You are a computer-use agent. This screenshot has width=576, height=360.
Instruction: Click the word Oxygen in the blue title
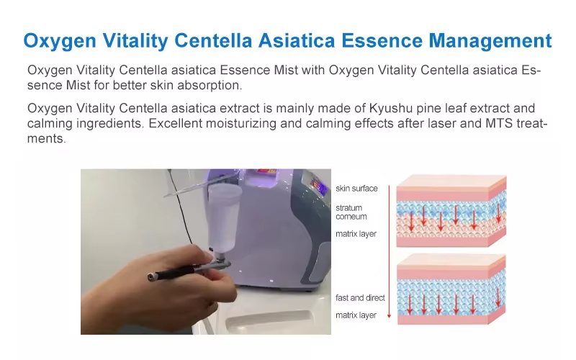60,41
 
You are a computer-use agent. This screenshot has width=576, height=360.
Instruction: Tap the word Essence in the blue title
382,40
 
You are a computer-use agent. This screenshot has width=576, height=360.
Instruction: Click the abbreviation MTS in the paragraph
499,123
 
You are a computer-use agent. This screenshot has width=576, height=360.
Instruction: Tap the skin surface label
356,189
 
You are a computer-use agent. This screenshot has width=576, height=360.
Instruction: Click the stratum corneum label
351,212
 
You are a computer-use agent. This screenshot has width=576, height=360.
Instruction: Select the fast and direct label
360,297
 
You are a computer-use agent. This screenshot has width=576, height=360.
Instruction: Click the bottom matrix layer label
356,315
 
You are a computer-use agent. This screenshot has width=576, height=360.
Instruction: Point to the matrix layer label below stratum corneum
356,234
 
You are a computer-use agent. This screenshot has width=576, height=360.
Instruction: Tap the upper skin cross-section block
451,211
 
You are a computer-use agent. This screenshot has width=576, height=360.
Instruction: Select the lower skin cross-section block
451,289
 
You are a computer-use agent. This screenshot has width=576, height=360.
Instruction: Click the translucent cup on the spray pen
223,217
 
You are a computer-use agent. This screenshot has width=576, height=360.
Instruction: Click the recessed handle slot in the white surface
269,320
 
